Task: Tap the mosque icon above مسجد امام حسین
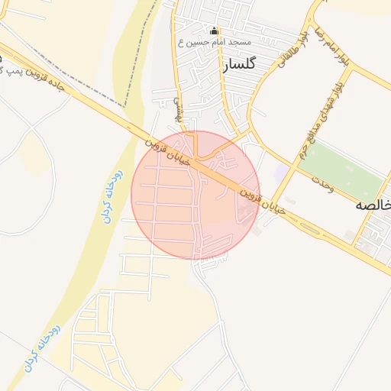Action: pos(214,32)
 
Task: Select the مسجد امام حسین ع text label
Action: pos(208,43)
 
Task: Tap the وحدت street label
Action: pos(324,185)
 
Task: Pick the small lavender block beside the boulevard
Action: pos(282,173)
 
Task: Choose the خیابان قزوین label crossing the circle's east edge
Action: pos(264,199)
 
